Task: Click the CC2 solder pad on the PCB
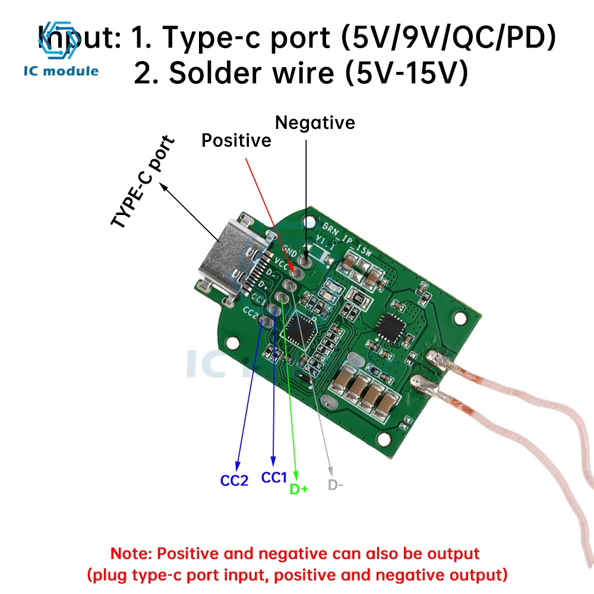click(267, 322)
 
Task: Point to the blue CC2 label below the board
click(234, 481)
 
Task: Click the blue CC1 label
click(274, 477)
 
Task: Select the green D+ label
click(299, 489)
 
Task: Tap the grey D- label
click(336, 485)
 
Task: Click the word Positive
click(236, 141)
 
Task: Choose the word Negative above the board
click(315, 123)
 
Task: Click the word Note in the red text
click(132, 554)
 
